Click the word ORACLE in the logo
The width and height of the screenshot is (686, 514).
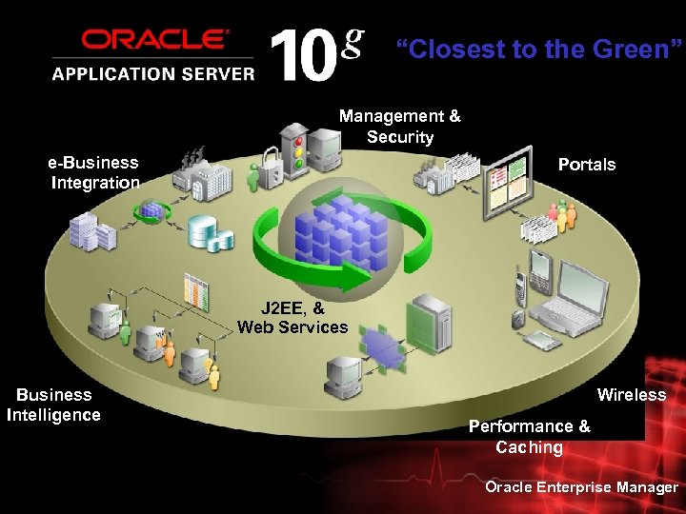155,41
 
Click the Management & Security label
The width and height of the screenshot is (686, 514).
399,127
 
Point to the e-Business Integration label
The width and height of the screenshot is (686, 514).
94,172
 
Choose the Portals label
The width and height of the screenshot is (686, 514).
586,165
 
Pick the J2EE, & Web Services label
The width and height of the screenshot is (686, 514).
293,317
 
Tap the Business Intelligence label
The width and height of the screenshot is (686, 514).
53,405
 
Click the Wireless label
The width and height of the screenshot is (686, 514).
631,394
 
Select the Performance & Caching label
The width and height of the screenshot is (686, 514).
529,436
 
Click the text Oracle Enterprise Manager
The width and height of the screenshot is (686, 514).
581,487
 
